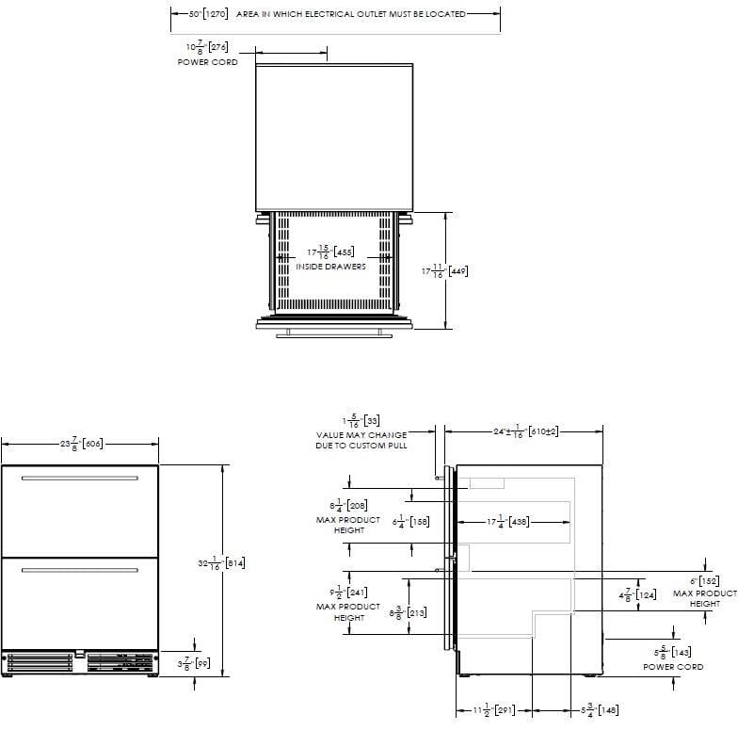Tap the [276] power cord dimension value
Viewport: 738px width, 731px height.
(x=217, y=47)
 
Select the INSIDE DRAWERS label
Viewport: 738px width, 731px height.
(x=330, y=267)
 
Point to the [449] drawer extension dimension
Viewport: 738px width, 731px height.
(x=457, y=271)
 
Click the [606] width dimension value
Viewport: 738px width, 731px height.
(x=92, y=442)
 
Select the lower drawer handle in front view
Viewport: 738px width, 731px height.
(x=79, y=570)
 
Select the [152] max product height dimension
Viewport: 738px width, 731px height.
(x=706, y=581)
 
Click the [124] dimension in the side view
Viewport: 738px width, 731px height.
(x=646, y=594)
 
